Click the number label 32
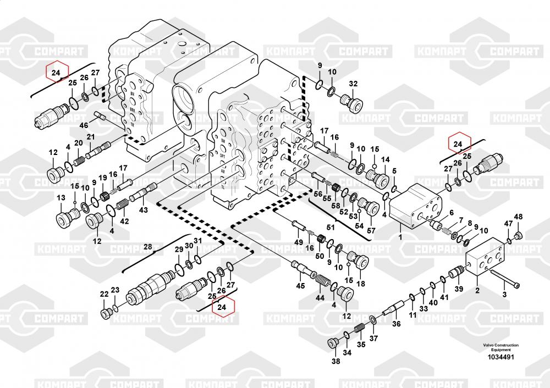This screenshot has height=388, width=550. coord(353,84)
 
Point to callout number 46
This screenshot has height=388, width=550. coord(84,125)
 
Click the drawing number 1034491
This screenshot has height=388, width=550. coord(501,357)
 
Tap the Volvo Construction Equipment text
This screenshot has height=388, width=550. coord(501,347)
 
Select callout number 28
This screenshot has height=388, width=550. coord(147,247)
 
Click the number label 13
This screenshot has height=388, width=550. coord(61,198)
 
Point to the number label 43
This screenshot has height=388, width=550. coord(143,210)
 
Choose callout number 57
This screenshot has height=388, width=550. coord(371,230)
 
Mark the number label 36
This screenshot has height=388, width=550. coord(396,324)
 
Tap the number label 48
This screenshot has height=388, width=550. coord(518,215)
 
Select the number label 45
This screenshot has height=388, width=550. coord(300,285)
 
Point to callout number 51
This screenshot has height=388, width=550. coord(331,227)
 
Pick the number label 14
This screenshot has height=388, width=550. coord(386,159)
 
